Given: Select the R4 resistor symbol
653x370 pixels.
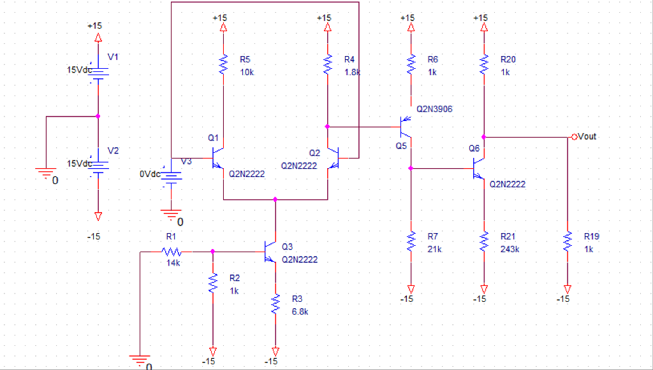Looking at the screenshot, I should click(x=327, y=64).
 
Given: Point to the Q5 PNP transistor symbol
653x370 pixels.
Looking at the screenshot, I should click(x=405, y=127).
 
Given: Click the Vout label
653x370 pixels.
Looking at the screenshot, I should click(x=587, y=136).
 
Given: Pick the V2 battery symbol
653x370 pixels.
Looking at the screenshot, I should click(x=98, y=164).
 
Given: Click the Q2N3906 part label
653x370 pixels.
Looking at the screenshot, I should click(x=434, y=109).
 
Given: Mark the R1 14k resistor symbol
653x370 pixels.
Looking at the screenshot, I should click(x=172, y=252).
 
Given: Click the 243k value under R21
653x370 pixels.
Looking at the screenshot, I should click(x=510, y=249).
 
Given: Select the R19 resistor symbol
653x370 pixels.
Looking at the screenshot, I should click(x=567, y=242).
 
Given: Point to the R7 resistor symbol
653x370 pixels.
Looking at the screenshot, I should click(x=410, y=242).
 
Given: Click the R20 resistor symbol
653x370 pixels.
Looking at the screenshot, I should click(x=484, y=64).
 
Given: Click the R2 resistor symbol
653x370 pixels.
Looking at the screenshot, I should click(x=212, y=284).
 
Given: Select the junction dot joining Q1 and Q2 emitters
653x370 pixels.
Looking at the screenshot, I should click(x=275, y=199).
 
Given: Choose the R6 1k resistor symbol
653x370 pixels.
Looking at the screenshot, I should click(x=410, y=64).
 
